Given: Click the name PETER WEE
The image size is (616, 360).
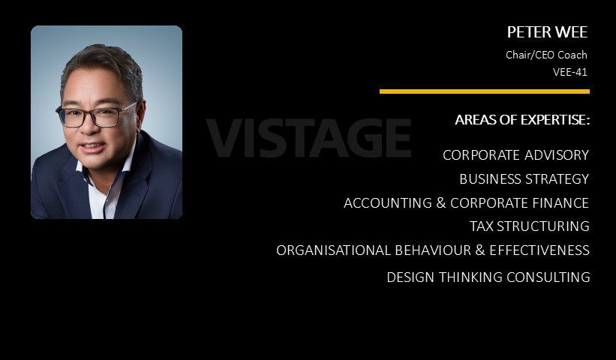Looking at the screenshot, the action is pos(547,32).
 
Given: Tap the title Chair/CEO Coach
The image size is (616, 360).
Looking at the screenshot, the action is pos(546,55).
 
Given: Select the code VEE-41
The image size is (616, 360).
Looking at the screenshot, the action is pos(570,72).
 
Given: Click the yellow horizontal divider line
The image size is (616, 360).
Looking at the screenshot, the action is pos(485,91).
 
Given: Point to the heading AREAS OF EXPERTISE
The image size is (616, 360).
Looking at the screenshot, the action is pos(522,120).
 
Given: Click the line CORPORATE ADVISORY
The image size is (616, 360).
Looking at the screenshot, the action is pos(515,155).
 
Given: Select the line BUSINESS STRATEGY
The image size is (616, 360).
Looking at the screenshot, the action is pos(524,179).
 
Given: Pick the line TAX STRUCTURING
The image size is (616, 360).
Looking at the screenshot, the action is pos(530,226).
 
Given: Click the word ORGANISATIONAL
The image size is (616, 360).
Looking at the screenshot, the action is pos(334,250).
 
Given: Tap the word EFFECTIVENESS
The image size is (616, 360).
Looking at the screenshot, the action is pos(539,250).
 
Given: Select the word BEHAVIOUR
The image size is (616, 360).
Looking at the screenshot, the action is pos(433,250).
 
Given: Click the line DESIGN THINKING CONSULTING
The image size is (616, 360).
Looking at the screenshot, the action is pos(488,277).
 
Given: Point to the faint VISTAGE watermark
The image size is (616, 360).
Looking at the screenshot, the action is pos(309,137).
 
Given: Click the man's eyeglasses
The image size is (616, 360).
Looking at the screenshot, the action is pos(96,115).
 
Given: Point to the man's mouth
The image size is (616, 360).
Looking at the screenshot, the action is pos(93,147).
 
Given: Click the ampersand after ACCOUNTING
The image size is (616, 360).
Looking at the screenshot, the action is pos(441,203).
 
